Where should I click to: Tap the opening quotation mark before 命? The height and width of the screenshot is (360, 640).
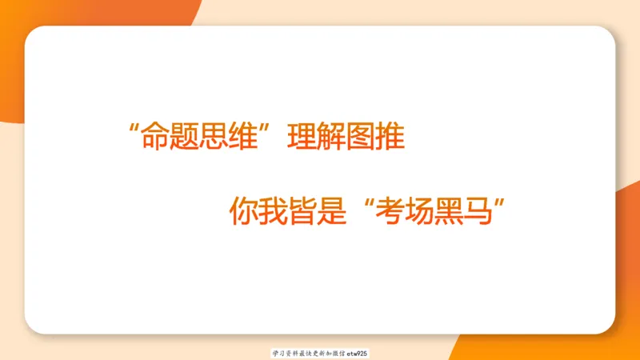click(x=133, y=128)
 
